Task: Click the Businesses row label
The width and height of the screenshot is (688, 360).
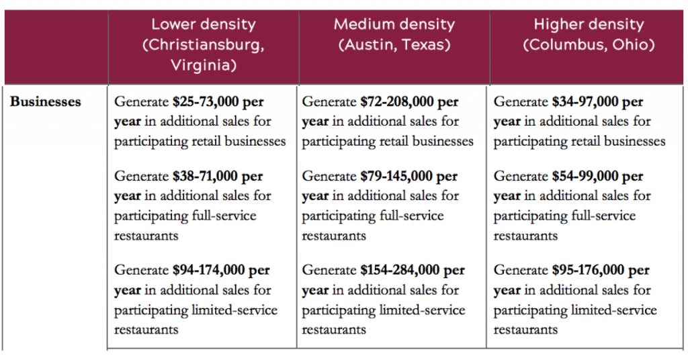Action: click(x=46, y=102)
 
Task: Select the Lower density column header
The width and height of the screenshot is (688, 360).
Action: click(x=203, y=25)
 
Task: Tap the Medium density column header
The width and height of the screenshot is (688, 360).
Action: click(x=394, y=25)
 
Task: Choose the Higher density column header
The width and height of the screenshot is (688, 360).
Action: click(x=589, y=25)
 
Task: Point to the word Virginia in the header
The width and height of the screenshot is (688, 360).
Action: click(x=203, y=66)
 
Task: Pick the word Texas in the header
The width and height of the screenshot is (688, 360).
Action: click(x=424, y=46)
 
